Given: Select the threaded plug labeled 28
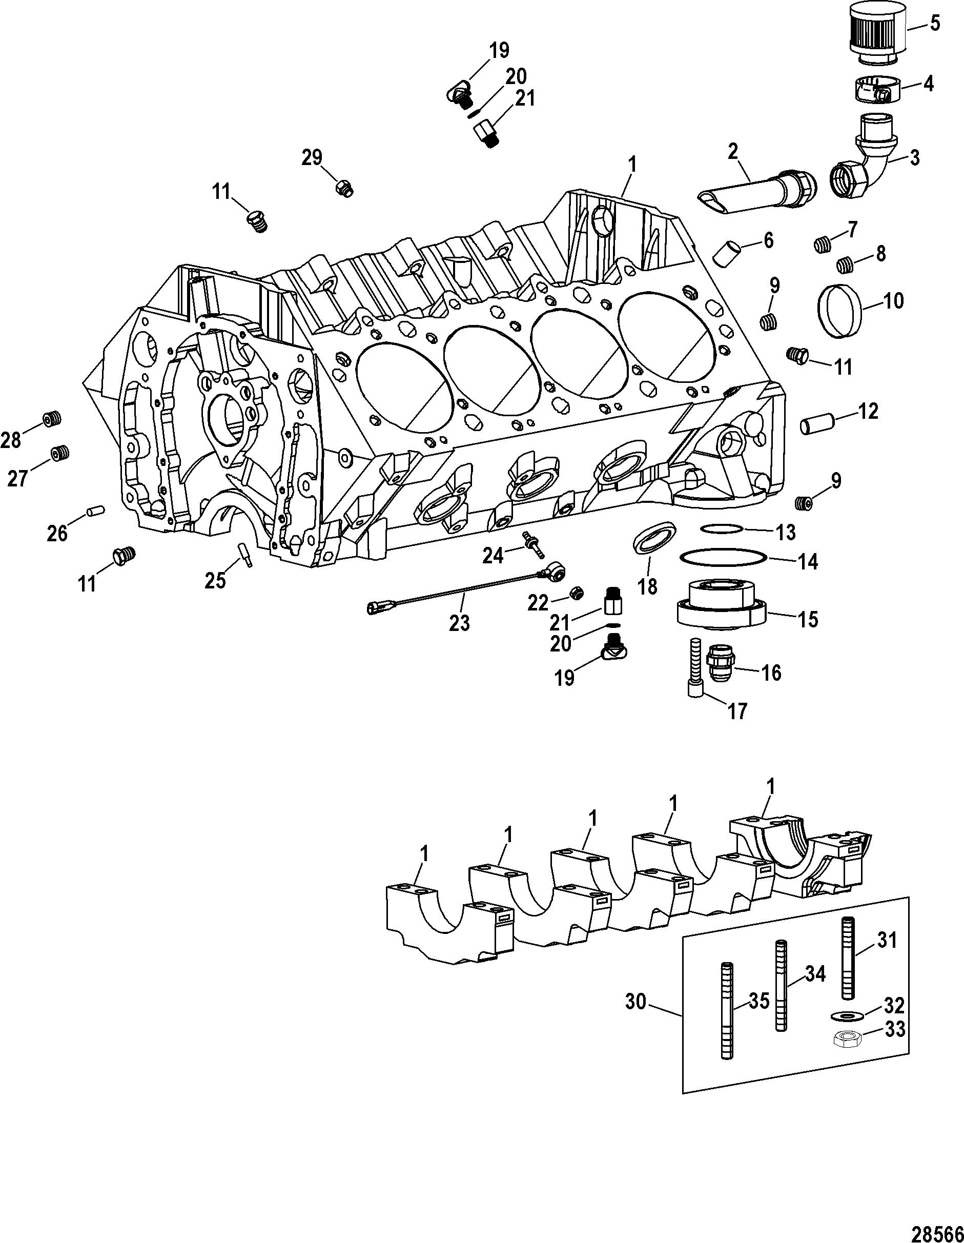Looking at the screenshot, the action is coord(52,419).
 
